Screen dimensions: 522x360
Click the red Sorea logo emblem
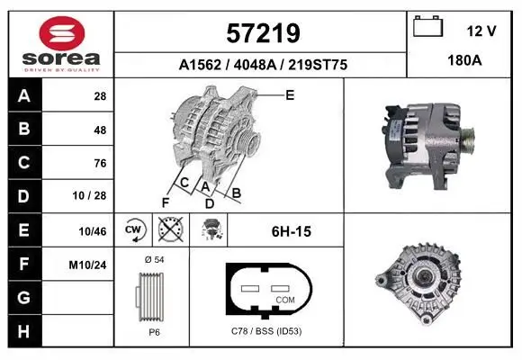click(62, 33)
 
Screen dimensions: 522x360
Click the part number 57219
click(263, 33)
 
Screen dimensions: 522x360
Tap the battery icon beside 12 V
click(427, 26)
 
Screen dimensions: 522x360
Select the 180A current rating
click(464, 60)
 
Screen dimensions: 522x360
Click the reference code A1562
click(200, 65)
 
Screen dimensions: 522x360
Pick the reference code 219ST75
click(318, 65)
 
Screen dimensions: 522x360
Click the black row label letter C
click(24, 163)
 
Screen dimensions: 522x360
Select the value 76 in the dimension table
click(100, 163)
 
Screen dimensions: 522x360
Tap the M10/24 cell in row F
click(87, 265)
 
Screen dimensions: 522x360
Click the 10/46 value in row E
click(93, 231)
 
